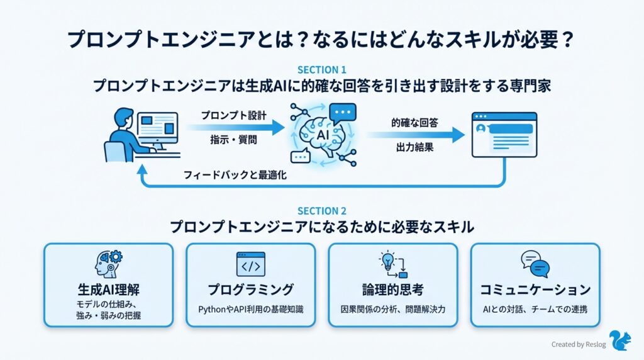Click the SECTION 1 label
pos(321,70)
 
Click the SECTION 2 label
pos(321,211)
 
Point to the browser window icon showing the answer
pos(504,135)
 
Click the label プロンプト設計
pos(234,116)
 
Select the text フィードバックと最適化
pos(235,176)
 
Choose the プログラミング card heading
pos(250,290)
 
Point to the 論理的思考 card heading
pos(393,290)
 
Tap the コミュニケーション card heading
pos(535,290)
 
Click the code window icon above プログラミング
pos(250,264)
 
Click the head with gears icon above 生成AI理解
pos(108,264)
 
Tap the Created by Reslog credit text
pos(579,344)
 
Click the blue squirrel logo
pos(621,340)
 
